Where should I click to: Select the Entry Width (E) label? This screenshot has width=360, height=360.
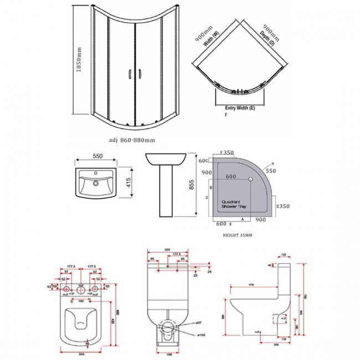(240, 107)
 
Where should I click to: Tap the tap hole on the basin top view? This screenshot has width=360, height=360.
(97, 181)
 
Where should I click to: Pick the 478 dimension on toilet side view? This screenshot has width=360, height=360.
(251, 286)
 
